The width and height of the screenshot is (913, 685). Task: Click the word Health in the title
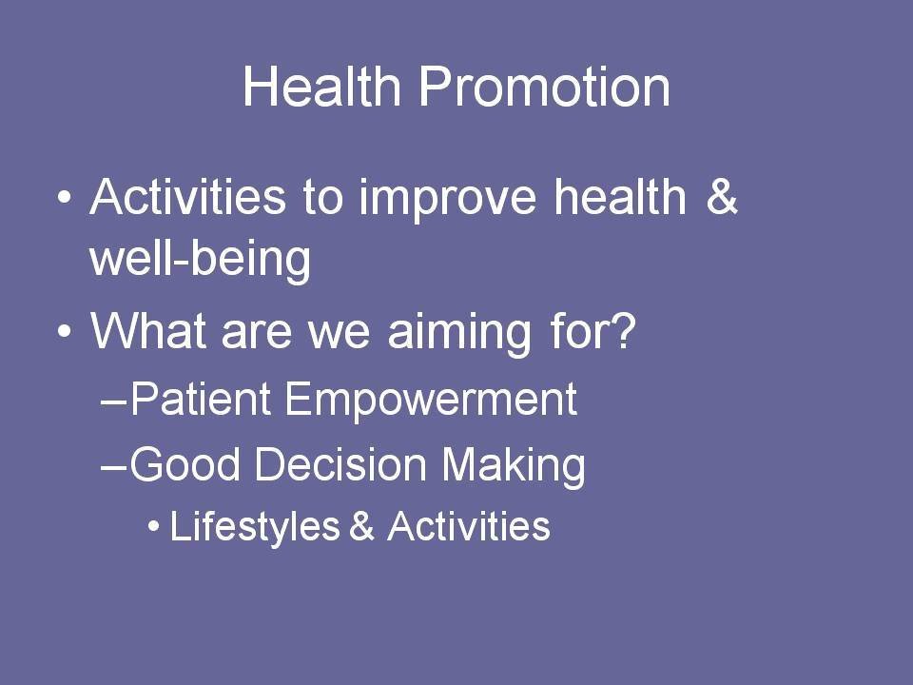(322, 87)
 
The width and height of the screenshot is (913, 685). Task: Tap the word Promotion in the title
(544, 87)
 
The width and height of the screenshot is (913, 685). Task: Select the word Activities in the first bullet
(187, 196)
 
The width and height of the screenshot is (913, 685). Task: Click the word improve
(447, 200)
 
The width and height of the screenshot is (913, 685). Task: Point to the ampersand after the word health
(722, 196)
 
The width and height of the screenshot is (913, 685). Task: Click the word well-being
(201, 261)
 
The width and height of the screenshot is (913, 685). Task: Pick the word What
(148, 331)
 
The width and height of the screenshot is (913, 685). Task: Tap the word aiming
(459, 333)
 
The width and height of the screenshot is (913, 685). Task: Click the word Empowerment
(431, 401)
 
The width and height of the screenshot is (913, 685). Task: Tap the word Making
(513, 466)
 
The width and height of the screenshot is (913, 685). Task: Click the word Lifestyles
(255, 527)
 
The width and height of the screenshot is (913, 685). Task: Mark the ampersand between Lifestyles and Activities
(361, 525)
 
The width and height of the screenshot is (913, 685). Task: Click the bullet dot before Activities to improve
(65, 197)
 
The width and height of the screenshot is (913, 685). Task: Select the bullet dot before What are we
(65, 331)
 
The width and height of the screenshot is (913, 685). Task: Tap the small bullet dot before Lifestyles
(154, 526)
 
